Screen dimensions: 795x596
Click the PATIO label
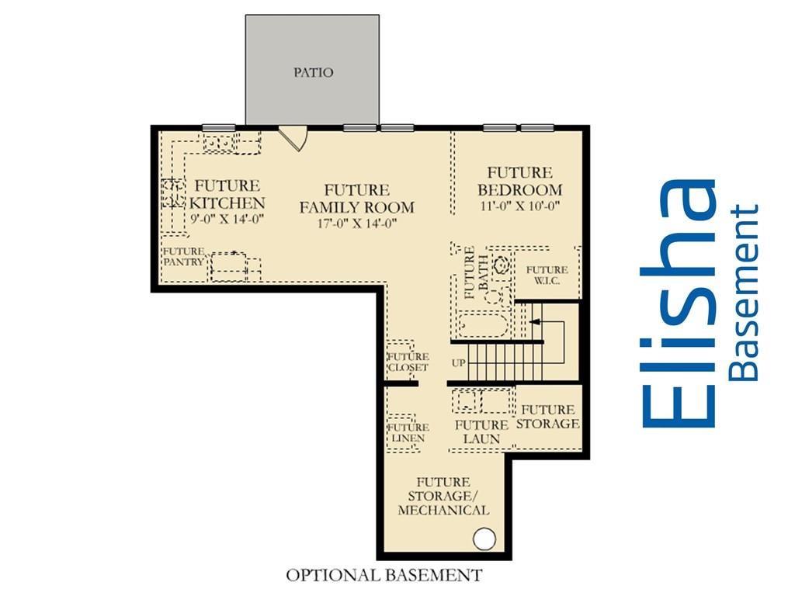314,72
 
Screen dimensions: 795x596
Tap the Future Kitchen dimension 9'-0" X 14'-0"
227,220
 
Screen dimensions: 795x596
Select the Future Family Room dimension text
357,223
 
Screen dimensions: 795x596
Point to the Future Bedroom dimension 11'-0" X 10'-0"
519,206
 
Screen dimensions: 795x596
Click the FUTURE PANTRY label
183,256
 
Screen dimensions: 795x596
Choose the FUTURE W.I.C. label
547,275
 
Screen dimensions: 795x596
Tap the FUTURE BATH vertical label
476,272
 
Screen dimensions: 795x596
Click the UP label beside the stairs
458,363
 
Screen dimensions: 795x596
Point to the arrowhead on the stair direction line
533,321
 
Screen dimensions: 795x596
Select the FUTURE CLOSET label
408,362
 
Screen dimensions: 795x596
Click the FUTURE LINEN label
408,432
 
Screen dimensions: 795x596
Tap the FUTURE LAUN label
481,431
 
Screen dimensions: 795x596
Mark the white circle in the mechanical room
484,539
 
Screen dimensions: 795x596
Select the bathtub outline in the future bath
482,325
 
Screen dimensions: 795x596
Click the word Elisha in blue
679,303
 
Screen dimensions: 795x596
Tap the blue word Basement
743,293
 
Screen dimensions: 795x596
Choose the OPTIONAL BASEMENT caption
384,575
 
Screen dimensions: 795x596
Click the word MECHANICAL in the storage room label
443,510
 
